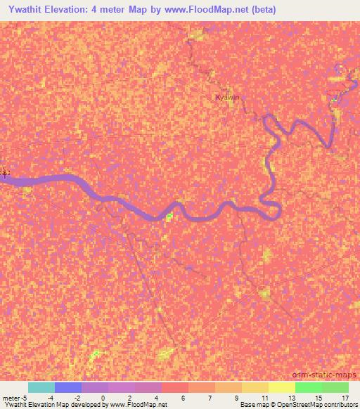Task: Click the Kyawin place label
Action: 228,98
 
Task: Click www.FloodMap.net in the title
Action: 209,10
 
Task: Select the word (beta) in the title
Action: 260,10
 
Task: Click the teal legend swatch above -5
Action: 41,387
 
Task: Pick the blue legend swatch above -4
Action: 68,387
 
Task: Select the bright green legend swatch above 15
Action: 309,387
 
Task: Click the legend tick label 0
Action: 103,398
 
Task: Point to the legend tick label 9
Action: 236,398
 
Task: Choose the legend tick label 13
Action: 290,398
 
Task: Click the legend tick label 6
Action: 183,398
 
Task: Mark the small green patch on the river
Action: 169,216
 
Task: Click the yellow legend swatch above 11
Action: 255,387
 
